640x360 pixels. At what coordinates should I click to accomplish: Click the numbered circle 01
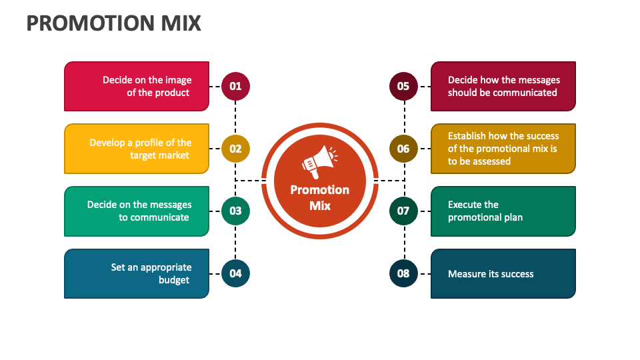click(235, 86)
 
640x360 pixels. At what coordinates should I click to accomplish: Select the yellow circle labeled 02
click(235, 149)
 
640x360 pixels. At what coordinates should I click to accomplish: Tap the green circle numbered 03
click(235, 211)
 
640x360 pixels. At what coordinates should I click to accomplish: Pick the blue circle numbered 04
click(235, 273)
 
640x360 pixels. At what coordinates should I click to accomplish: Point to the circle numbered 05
click(403, 86)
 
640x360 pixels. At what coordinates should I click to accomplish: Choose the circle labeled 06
click(403, 149)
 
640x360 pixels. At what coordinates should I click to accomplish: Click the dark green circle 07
click(403, 211)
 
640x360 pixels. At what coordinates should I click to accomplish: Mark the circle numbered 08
click(403, 273)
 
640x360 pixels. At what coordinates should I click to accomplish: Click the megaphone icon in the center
click(319, 162)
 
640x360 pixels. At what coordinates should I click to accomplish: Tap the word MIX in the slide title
click(181, 23)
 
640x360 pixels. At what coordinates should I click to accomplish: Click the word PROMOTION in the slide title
click(91, 23)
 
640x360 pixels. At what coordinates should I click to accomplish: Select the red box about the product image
click(137, 86)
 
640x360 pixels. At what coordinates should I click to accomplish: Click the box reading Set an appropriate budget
click(137, 273)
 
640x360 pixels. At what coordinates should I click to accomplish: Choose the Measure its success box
click(503, 273)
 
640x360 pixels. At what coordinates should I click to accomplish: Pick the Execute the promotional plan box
click(503, 211)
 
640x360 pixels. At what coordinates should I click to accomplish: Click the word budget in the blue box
click(174, 280)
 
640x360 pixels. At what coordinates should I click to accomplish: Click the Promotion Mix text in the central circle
click(320, 197)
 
